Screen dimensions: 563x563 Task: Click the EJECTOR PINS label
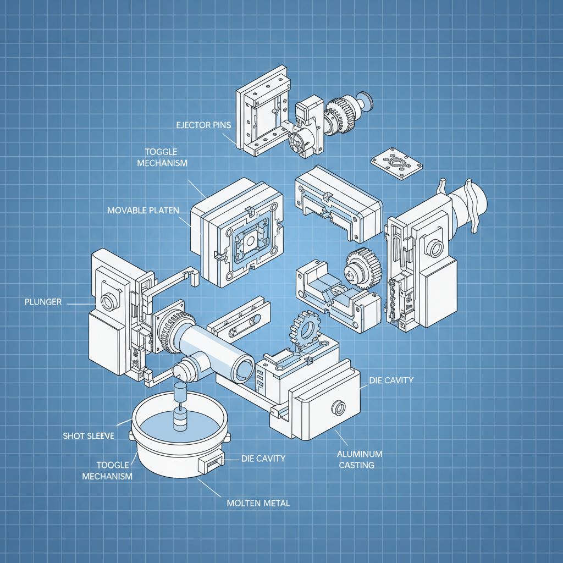pos(203,125)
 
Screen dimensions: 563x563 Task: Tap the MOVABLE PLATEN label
pos(143,211)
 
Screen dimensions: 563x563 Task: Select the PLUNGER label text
pos(42,302)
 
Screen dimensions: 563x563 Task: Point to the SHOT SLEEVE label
pos(89,436)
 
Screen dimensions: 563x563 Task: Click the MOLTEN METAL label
pos(258,503)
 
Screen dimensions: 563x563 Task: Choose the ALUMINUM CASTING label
pos(360,460)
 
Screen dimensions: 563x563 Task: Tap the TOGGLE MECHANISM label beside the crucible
pos(107,470)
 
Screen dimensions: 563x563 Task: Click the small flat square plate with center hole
pos(396,163)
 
